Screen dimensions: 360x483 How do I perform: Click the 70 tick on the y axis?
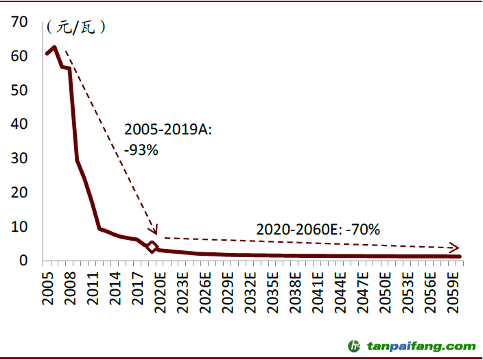coord(20,22)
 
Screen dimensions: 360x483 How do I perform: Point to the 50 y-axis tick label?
coord(20,90)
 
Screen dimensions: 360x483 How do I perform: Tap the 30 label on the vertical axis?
coord(20,158)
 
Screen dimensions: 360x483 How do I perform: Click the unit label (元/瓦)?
coord(75,28)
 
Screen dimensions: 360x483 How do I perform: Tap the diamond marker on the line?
coord(152,248)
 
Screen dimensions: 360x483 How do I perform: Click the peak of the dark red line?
coord(54,47)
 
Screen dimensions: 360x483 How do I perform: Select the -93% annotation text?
coord(141,149)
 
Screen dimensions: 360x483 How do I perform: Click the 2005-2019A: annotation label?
coord(168,129)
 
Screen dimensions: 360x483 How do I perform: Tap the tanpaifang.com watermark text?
coord(421,346)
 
